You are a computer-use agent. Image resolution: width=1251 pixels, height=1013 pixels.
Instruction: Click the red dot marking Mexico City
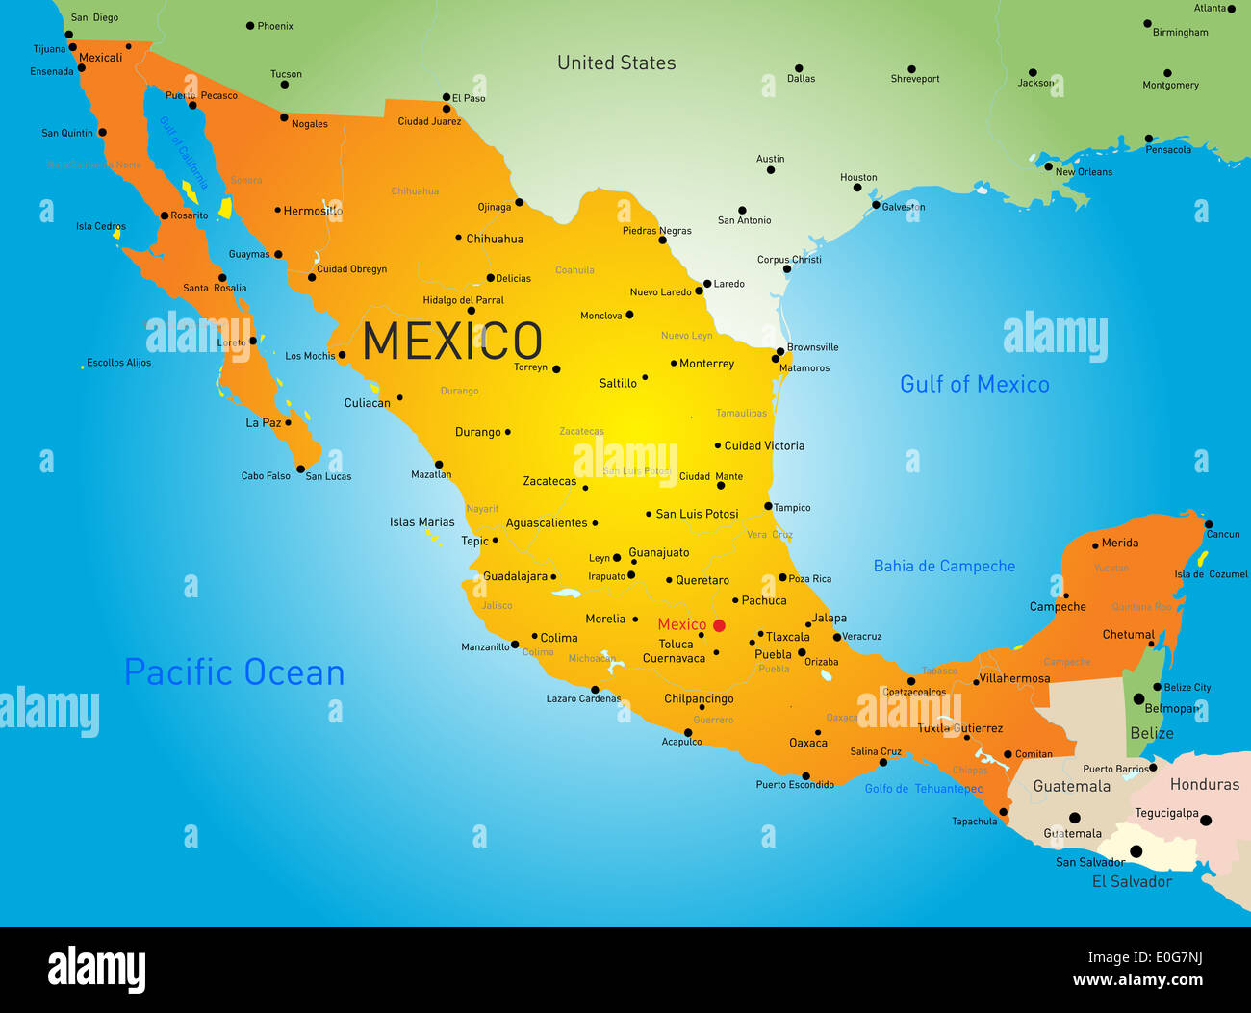point(719,625)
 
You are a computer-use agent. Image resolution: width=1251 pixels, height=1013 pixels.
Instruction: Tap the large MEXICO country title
point(452,342)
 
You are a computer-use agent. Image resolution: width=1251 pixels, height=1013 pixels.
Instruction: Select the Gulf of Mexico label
point(974,384)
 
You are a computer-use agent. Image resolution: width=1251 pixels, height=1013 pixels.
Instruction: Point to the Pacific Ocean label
point(235,672)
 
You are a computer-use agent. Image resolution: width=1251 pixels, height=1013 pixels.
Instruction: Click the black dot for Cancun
point(1208,524)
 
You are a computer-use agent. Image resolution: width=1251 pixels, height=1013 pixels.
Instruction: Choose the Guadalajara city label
point(515,576)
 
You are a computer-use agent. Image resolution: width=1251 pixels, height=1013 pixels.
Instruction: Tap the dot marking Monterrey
point(674,364)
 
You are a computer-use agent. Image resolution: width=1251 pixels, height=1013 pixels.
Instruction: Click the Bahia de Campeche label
point(944,566)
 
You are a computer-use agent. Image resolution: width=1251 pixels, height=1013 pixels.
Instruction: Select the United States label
point(616,63)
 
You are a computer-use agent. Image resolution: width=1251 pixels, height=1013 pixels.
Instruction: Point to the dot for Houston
point(856,188)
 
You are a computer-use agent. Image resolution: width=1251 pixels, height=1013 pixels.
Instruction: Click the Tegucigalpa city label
point(1166,813)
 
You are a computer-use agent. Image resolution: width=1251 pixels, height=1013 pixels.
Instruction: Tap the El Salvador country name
point(1132,881)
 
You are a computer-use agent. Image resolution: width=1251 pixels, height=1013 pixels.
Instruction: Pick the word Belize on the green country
point(1151,733)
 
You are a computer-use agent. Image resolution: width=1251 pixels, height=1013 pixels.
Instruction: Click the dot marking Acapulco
point(687,733)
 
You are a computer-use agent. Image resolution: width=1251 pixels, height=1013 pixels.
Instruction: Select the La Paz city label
point(263,422)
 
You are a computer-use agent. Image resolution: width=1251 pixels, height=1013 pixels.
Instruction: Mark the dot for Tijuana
point(72,46)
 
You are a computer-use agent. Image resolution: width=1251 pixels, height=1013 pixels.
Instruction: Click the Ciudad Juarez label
point(429,121)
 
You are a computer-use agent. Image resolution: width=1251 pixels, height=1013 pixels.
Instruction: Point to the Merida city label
point(1120,543)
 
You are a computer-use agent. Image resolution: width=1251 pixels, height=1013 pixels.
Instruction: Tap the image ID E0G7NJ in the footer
point(1168,957)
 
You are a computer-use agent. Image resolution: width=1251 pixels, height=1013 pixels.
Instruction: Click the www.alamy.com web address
point(1137,980)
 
